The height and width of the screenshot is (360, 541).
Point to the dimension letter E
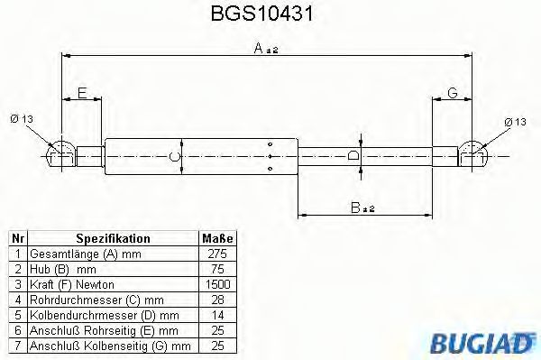(82, 92)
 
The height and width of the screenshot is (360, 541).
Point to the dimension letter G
(453, 92)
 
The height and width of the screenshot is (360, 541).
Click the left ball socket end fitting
(60, 154)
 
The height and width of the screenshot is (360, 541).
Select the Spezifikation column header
(112, 238)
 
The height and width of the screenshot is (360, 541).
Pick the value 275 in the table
(217, 254)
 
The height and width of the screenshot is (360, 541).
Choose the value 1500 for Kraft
(217, 284)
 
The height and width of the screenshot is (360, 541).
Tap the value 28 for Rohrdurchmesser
(217, 300)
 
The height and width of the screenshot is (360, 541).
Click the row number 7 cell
(17, 346)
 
